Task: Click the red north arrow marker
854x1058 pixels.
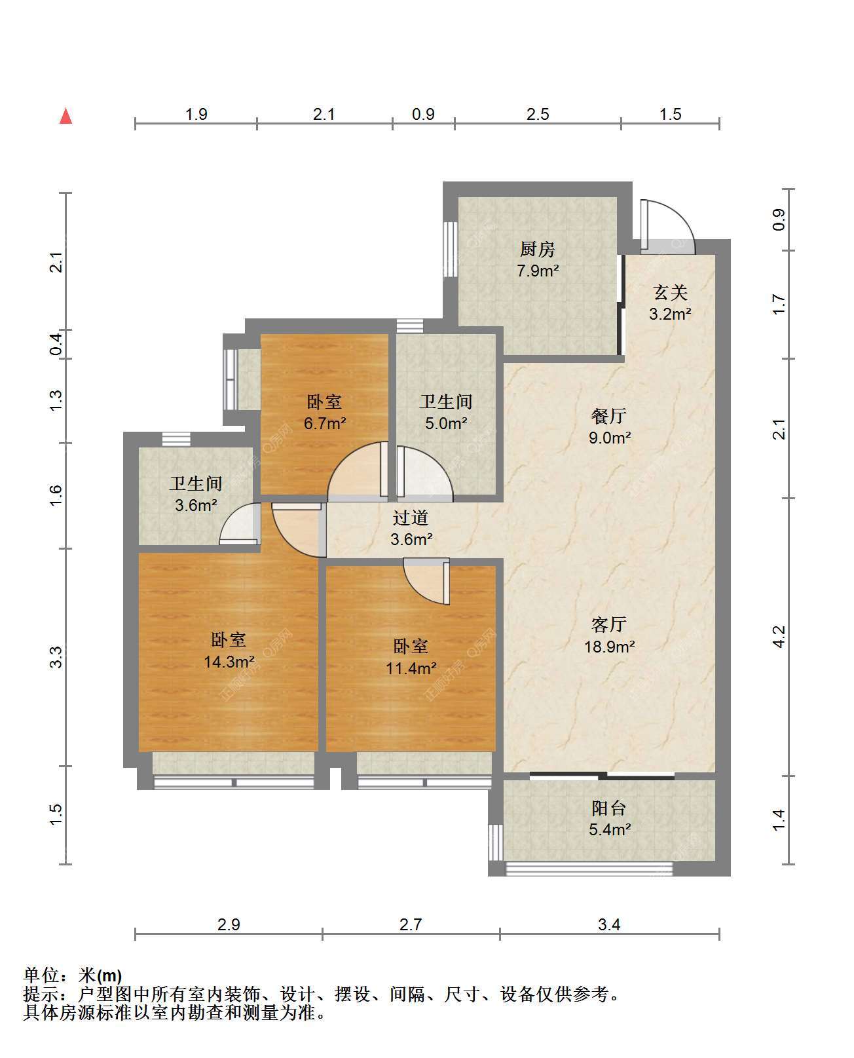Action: (x=66, y=116)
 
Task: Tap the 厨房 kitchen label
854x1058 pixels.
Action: (x=537, y=249)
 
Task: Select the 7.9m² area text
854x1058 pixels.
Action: (x=538, y=271)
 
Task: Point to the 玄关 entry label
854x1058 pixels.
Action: (x=670, y=292)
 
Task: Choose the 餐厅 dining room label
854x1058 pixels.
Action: (x=608, y=416)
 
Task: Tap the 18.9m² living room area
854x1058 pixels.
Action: (x=609, y=646)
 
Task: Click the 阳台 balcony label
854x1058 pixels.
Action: (x=608, y=808)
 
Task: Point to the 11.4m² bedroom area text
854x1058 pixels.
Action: (x=411, y=668)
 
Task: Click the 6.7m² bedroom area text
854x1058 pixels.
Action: (x=325, y=423)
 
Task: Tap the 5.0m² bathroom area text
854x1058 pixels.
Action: (x=446, y=423)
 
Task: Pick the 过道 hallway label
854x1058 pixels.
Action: (x=410, y=518)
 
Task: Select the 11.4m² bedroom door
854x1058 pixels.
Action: (x=427, y=582)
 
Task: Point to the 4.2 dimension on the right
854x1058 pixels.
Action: (x=779, y=636)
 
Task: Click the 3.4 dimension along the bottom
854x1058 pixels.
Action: (x=608, y=924)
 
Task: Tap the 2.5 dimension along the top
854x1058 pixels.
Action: (x=538, y=114)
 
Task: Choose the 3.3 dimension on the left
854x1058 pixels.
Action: (x=56, y=656)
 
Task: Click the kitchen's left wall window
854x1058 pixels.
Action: (x=451, y=249)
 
